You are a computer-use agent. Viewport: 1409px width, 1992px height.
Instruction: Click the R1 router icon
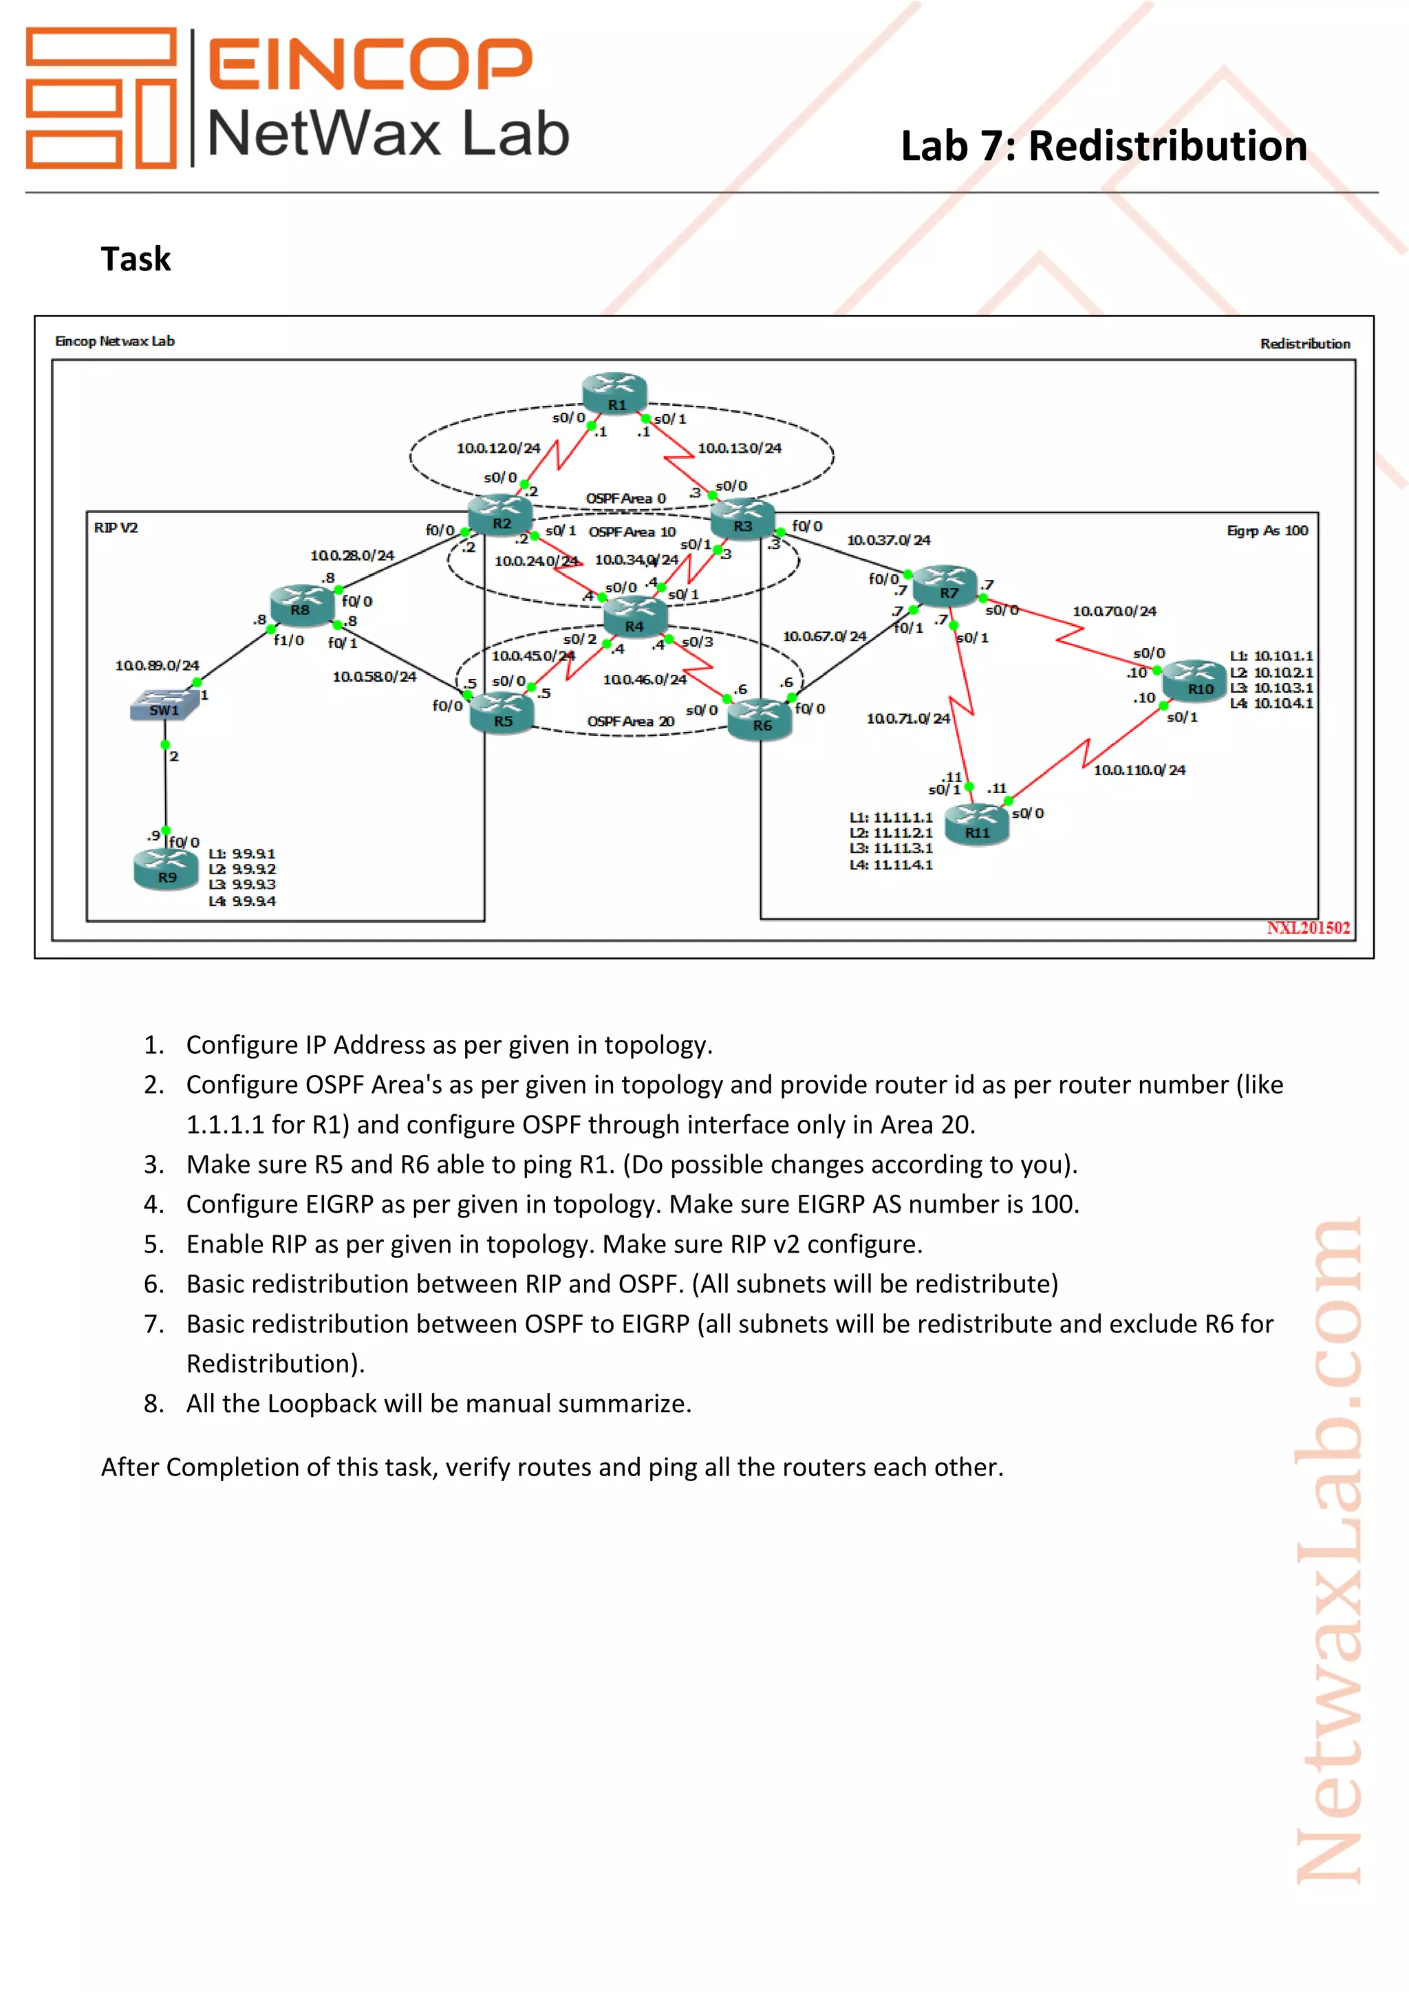[614, 393]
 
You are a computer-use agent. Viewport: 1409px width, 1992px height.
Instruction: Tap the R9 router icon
[166, 869]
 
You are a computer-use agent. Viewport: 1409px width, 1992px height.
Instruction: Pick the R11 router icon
[977, 824]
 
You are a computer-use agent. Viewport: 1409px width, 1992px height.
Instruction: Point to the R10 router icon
[1195, 680]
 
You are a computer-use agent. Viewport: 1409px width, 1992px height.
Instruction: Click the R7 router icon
[946, 585]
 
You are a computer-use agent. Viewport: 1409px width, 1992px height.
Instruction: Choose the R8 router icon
[301, 604]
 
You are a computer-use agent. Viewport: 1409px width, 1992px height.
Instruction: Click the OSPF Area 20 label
[630, 721]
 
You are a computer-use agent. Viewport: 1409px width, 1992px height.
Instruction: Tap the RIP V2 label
[116, 528]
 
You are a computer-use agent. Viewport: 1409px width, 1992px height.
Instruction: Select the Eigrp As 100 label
[1267, 530]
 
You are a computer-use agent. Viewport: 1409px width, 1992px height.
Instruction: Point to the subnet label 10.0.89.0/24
[157, 665]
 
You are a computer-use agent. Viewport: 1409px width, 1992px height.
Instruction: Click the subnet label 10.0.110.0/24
[1139, 770]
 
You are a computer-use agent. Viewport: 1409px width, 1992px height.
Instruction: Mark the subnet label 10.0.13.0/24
[739, 448]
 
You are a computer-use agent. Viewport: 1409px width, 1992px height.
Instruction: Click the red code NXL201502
[1307, 927]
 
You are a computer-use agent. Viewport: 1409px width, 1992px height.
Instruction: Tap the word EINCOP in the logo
[370, 63]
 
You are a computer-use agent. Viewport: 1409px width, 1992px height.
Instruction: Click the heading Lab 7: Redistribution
[1104, 146]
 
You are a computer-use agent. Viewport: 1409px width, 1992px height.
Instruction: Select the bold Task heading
[136, 259]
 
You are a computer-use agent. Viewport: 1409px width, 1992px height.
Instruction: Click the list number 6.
[153, 1284]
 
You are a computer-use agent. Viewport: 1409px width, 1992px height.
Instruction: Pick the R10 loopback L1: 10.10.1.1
[1271, 656]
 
